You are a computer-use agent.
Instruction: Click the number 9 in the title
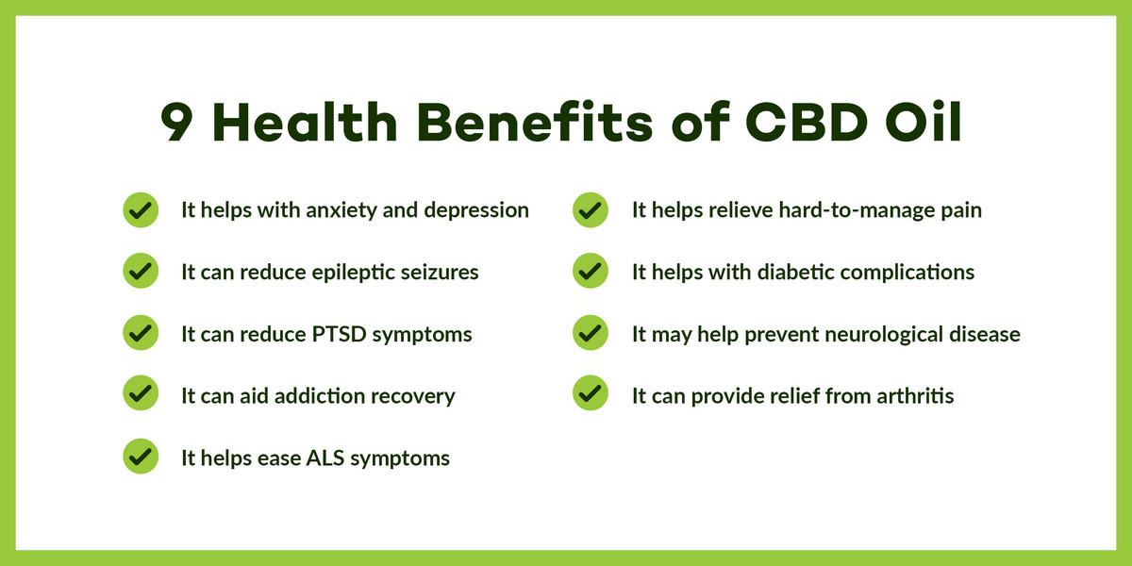click(x=176, y=122)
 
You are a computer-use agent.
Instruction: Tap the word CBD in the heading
click(x=807, y=122)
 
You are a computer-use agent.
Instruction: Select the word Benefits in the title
click(x=535, y=122)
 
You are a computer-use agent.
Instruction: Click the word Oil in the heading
click(x=924, y=122)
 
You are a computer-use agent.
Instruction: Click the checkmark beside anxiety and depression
click(x=141, y=209)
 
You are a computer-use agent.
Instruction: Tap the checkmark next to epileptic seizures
click(x=141, y=271)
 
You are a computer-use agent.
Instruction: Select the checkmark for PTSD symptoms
click(x=141, y=332)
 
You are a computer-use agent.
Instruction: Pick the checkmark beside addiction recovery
click(x=141, y=392)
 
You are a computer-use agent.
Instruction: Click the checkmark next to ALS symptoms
click(x=141, y=456)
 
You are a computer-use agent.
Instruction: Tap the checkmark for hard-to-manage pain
click(x=591, y=209)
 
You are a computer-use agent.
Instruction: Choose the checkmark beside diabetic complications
click(x=591, y=271)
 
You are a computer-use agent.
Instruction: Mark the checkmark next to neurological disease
click(x=591, y=332)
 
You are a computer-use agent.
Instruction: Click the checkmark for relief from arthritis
click(x=591, y=392)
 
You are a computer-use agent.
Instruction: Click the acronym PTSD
click(x=339, y=334)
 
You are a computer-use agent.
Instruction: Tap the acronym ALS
click(x=325, y=458)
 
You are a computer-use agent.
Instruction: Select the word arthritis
click(x=915, y=395)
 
